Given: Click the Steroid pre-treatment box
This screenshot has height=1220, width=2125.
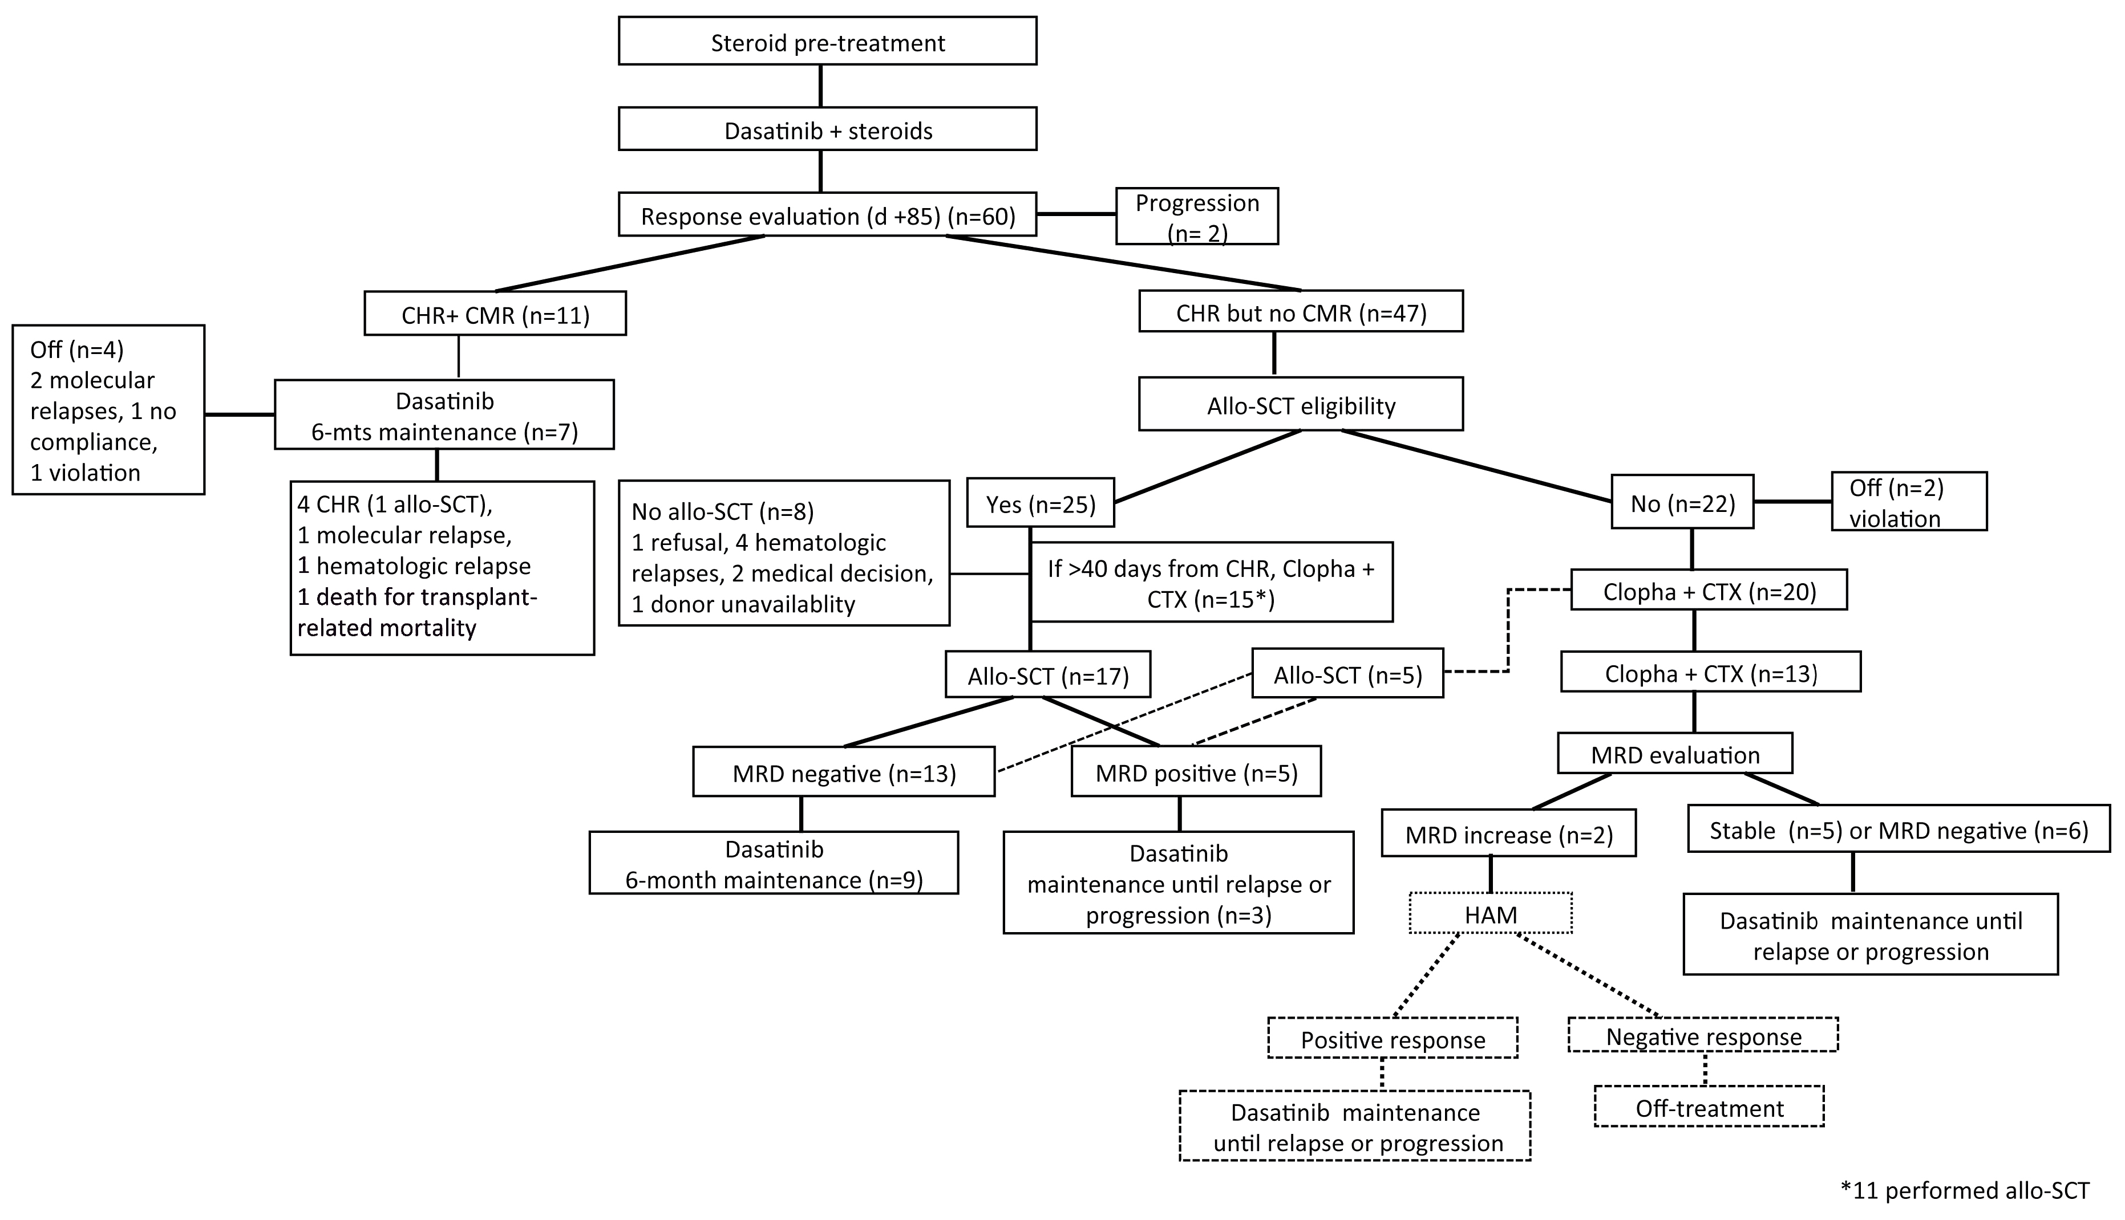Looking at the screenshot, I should [x=827, y=41].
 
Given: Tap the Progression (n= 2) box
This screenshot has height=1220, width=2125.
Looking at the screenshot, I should [x=1196, y=216].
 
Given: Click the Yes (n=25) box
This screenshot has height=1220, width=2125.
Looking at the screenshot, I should [x=1041, y=503].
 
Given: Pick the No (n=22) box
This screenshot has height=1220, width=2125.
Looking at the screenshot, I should [x=1682, y=503].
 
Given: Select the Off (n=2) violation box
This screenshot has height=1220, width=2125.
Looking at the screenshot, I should [x=1908, y=502].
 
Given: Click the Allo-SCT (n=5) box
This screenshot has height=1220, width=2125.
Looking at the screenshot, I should [x=1347, y=674].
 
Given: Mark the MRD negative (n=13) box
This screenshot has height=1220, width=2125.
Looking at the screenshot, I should [x=843, y=772].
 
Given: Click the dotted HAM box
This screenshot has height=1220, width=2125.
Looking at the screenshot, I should [x=1491, y=914].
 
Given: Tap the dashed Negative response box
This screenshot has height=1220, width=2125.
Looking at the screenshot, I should [x=1702, y=1036].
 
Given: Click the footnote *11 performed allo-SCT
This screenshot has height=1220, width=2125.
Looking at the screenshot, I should [x=1964, y=1191].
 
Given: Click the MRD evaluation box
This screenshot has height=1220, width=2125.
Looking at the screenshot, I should [x=1674, y=754].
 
